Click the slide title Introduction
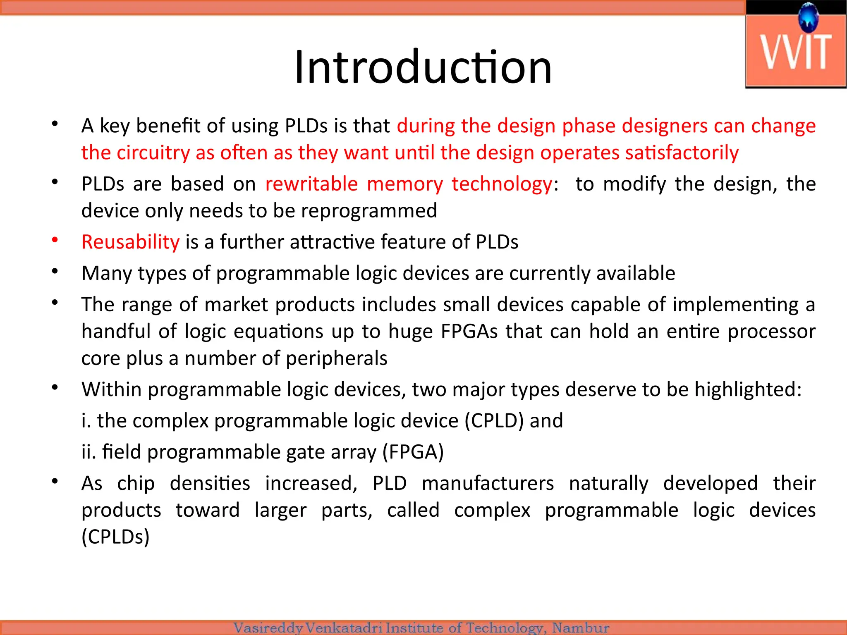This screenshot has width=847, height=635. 423,67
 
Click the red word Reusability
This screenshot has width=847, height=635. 131,242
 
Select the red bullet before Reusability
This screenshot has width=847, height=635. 55,240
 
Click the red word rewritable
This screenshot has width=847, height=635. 311,184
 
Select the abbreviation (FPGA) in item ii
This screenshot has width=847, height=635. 413,452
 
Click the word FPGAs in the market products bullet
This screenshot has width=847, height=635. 469,332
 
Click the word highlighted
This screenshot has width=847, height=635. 748,389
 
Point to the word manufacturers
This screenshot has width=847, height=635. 488,483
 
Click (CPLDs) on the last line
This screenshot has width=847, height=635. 115,537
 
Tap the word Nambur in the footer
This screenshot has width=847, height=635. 581,628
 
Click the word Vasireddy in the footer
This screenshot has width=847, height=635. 268,628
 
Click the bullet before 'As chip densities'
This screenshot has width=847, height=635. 55,481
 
